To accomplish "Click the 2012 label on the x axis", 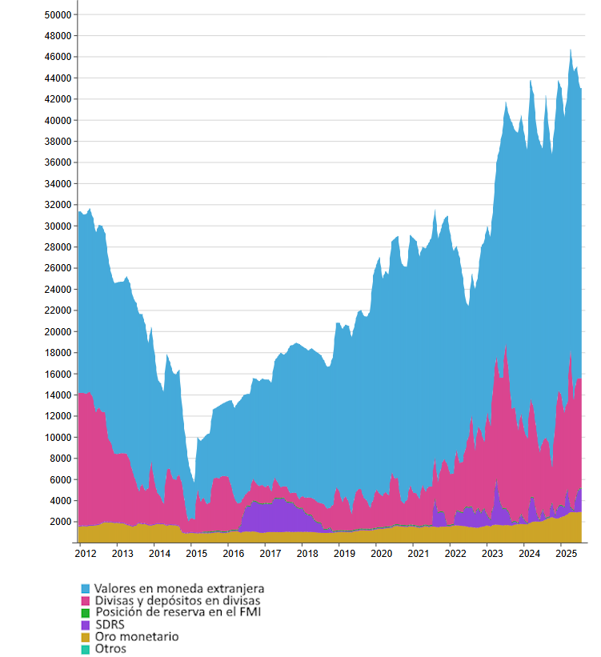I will pos(86,553).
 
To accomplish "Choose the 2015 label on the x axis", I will pos(196,553).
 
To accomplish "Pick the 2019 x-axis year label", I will pos(344,553).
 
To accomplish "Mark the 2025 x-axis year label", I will pos(566,553).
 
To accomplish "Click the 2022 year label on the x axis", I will pos(455,553).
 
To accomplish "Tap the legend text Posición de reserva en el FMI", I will pos(178,613).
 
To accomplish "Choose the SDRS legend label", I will pos(110,625).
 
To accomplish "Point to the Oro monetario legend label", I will pos(136,637).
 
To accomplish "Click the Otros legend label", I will pos(110,649).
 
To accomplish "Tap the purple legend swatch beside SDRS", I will pos(86,625).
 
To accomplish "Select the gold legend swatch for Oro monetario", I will pos(86,637).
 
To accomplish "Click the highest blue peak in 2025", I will pos(571,50).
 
